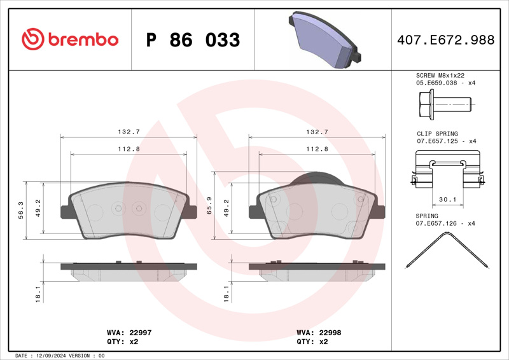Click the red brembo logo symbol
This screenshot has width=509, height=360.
point(33,39)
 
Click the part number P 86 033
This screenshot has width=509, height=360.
point(193,40)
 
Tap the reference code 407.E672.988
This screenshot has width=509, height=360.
point(446,40)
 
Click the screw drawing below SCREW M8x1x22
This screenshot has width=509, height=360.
point(445,104)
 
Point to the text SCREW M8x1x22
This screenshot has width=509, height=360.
point(440,75)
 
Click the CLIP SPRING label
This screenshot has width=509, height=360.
point(437,134)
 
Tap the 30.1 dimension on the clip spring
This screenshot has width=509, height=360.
point(447,199)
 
